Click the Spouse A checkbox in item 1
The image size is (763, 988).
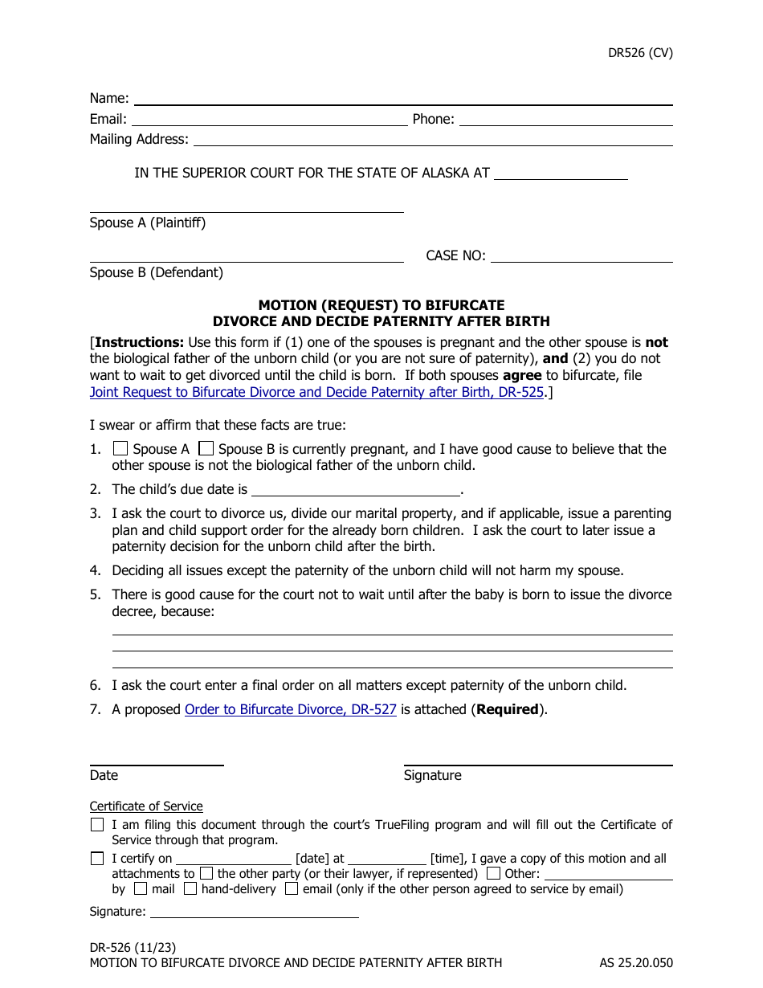point(120,448)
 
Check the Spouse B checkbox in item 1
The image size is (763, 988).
point(206,448)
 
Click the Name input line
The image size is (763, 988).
point(402,99)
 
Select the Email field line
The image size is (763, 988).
point(268,120)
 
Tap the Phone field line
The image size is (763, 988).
point(565,120)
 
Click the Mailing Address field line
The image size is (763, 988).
point(433,140)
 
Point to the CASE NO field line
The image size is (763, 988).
point(581,256)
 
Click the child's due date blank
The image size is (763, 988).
point(356,489)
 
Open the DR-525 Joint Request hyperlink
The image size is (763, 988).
point(316,393)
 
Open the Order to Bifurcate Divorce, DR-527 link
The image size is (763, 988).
point(290,710)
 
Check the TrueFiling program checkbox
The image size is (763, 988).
point(97,824)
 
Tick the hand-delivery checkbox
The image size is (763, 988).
point(190,889)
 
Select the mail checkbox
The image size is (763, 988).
point(141,889)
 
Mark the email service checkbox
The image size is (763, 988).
point(292,889)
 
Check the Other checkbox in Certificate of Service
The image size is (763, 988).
point(494,873)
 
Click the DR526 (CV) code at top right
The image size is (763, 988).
point(640,54)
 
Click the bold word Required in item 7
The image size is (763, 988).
point(508,710)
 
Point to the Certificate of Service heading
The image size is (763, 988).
point(146,806)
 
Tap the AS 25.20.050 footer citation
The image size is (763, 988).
point(635,962)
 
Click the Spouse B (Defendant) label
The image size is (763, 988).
point(157,273)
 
